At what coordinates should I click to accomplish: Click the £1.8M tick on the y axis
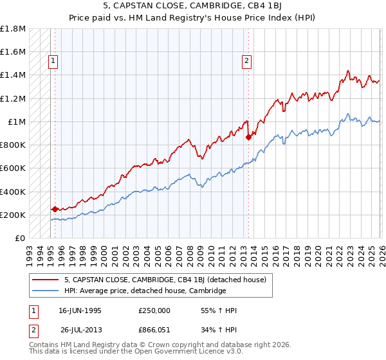(13, 29)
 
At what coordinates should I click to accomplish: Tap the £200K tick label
(13, 215)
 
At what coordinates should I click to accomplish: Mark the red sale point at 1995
(55, 209)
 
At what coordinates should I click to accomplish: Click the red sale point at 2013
(248, 136)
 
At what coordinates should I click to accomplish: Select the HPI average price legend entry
(145, 291)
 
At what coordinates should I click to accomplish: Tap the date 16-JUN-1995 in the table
(80, 310)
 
